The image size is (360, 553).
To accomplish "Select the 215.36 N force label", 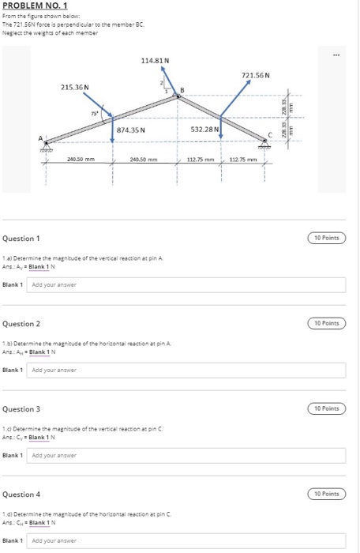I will click(75, 86).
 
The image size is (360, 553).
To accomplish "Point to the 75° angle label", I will click(95, 114).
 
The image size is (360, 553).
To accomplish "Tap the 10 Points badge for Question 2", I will click(326, 323).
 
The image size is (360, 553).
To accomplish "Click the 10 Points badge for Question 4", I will click(326, 494).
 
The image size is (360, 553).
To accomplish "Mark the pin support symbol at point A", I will click(44, 146).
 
